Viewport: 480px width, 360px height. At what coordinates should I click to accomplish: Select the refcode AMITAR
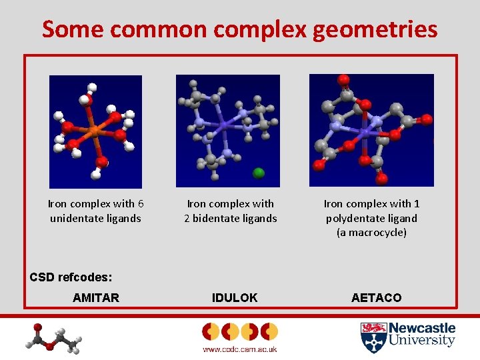click(x=96, y=298)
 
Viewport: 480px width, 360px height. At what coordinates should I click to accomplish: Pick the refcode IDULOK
click(x=234, y=298)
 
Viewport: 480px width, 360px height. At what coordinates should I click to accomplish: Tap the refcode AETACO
click(x=377, y=298)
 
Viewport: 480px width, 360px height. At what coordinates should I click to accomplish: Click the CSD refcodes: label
click(x=71, y=277)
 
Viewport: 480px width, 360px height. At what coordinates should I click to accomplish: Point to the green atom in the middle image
click(x=259, y=173)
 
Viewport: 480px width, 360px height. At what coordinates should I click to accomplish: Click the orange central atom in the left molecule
click(x=94, y=131)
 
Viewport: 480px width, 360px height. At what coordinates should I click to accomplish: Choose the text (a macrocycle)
click(x=371, y=233)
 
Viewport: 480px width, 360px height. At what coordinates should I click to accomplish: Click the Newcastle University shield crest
click(x=372, y=337)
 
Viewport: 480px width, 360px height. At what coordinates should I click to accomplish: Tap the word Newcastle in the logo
click(x=421, y=328)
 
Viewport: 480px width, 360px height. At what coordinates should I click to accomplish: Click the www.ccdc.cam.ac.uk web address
click(x=239, y=349)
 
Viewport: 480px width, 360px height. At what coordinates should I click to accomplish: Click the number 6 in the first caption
click(x=141, y=203)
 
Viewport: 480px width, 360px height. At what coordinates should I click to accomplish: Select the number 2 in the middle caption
click(x=187, y=218)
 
